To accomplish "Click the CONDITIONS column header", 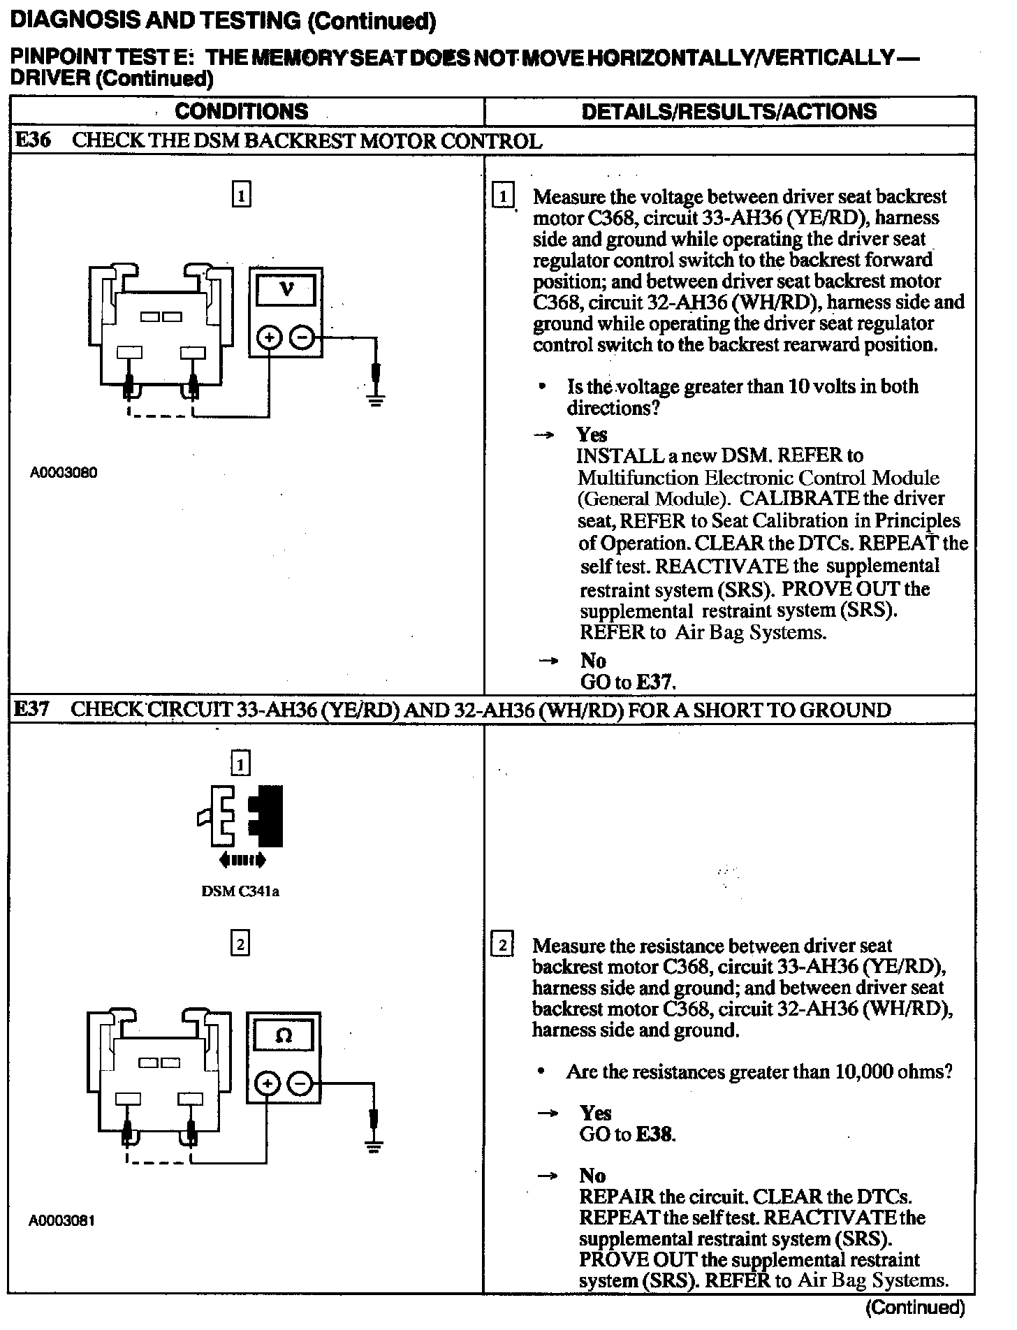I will (x=241, y=112).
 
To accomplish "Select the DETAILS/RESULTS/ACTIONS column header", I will (x=729, y=112).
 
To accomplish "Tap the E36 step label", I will (x=32, y=140).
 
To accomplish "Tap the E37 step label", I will (x=32, y=710).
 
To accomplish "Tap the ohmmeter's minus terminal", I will (x=300, y=1084).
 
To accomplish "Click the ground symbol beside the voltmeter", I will (x=376, y=400).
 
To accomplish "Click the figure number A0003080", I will (x=64, y=473).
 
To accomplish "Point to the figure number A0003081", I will (x=61, y=1220).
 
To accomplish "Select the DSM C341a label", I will (x=240, y=891).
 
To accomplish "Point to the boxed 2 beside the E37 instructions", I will (x=503, y=947).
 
